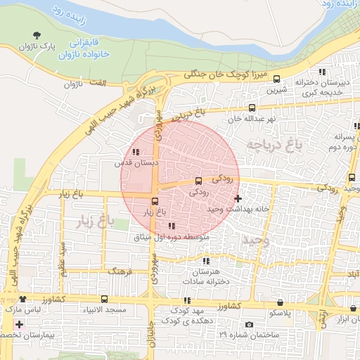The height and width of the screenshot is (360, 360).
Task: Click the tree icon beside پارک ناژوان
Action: (37, 34)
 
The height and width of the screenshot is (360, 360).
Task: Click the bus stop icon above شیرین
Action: (276, 79)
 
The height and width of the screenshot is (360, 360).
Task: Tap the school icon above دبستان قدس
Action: (136, 152)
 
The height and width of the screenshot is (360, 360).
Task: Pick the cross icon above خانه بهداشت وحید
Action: (238, 198)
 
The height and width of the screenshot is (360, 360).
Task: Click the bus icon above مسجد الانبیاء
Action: (105, 299)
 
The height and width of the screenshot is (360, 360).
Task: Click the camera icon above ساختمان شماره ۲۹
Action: (248, 324)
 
